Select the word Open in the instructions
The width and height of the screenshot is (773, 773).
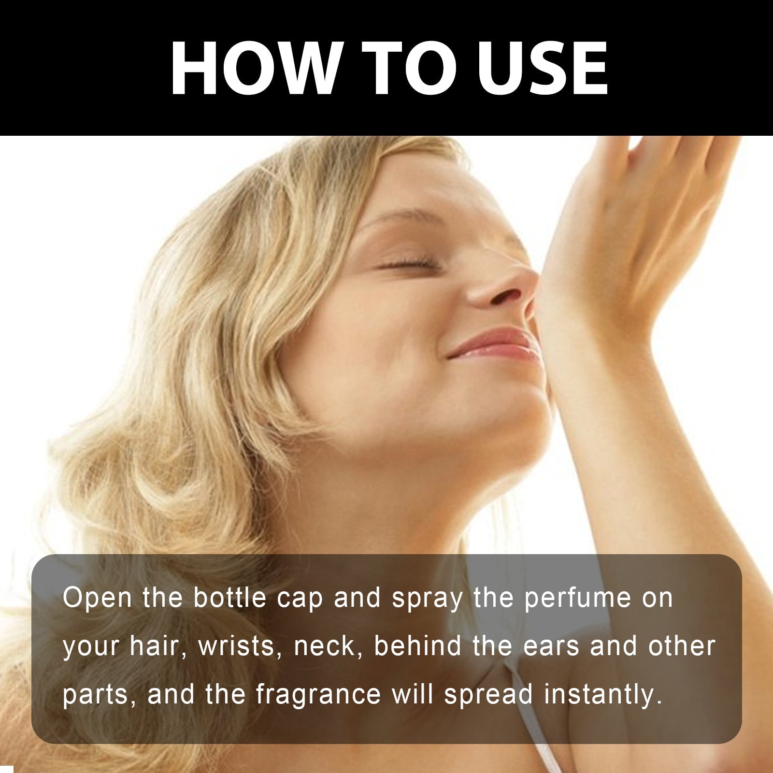[x=97, y=599]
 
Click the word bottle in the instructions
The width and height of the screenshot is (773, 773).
[x=230, y=598]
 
